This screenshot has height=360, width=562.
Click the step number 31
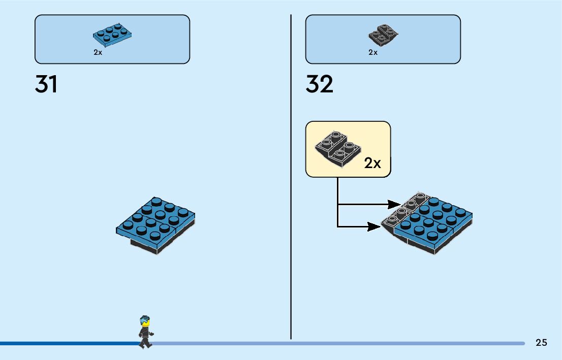[46, 84]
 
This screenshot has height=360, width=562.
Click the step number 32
[319, 84]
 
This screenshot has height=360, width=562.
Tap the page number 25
[541, 343]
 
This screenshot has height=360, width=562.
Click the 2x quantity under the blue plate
[98, 52]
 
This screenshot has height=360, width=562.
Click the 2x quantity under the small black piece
[373, 52]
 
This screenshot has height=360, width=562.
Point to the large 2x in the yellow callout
[372, 163]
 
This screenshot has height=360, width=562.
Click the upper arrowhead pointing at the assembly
[394, 205]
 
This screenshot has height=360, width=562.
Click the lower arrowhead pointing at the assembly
[374, 226]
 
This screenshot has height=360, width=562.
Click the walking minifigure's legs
[145, 342]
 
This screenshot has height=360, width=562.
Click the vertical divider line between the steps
[291, 178]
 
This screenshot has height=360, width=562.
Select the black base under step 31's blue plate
[147, 246]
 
